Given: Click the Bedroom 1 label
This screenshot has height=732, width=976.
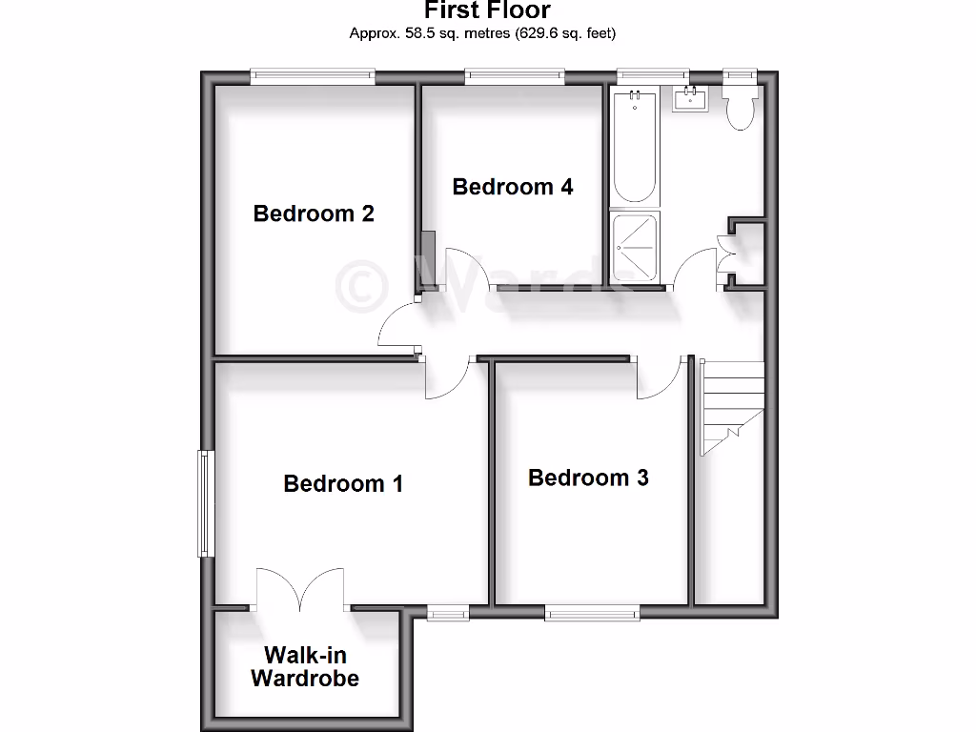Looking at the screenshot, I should pyautogui.click(x=343, y=483).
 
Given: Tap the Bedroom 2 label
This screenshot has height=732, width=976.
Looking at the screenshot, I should pyautogui.click(x=314, y=213).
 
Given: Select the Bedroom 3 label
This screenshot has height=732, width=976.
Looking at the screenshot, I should pyautogui.click(x=588, y=478).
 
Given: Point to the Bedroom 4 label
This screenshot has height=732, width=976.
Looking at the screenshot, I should pyautogui.click(x=513, y=187).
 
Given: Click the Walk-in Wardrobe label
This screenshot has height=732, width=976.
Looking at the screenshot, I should pyautogui.click(x=305, y=666).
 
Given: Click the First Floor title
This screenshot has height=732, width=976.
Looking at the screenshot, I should pyautogui.click(x=487, y=11).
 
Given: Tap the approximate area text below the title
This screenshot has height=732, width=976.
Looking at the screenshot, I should pyautogui.click(x=482, y=33).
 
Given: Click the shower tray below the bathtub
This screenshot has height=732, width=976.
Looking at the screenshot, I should pyautogui.click(x=637, y=247).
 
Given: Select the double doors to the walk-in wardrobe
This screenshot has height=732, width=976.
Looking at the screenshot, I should pyautogui.click(x=300, y=591).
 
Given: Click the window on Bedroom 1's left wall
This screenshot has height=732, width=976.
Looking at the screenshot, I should pyautogui.click(x=204, y=502).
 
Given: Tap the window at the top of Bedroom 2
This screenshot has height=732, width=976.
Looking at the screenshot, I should pyautogui.click(x=312, y=76).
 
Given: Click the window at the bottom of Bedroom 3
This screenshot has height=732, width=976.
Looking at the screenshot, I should pyautogui.click(x=592, y=614).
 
